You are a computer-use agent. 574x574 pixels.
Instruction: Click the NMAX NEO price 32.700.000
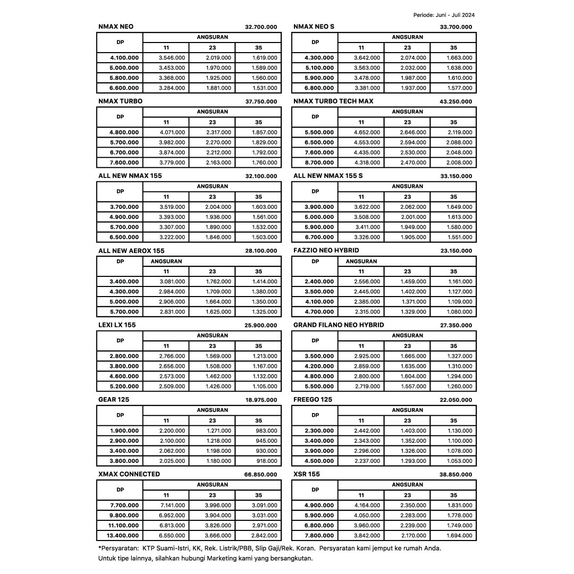click(x=261, y=27)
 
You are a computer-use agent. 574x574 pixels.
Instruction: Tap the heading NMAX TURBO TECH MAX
click(x=333, y=101)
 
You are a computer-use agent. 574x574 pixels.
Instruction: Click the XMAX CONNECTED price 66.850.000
click(x=261, y=475)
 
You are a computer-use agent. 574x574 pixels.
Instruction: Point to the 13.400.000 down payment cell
click(x=124, y=536)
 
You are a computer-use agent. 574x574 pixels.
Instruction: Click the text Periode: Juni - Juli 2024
click(x=444, y=15)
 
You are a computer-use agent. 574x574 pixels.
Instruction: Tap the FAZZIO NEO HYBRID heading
click(x=326, y=250)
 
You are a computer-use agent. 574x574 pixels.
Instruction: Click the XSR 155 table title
click(x=307, y=474)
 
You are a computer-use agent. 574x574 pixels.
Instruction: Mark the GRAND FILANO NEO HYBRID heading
click(x=339, y=325)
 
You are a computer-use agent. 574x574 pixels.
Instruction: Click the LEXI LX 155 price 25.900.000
click(x=261, y=325)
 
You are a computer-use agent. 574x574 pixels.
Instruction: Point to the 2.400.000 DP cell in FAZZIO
click(x=319, y=282)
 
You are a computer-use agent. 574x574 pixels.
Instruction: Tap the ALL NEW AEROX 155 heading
click(x=131, y=250)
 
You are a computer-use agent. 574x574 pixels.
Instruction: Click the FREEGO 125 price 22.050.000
click(x=456, y=400)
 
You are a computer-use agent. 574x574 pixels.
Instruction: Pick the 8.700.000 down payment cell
click(x=319, y=163)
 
